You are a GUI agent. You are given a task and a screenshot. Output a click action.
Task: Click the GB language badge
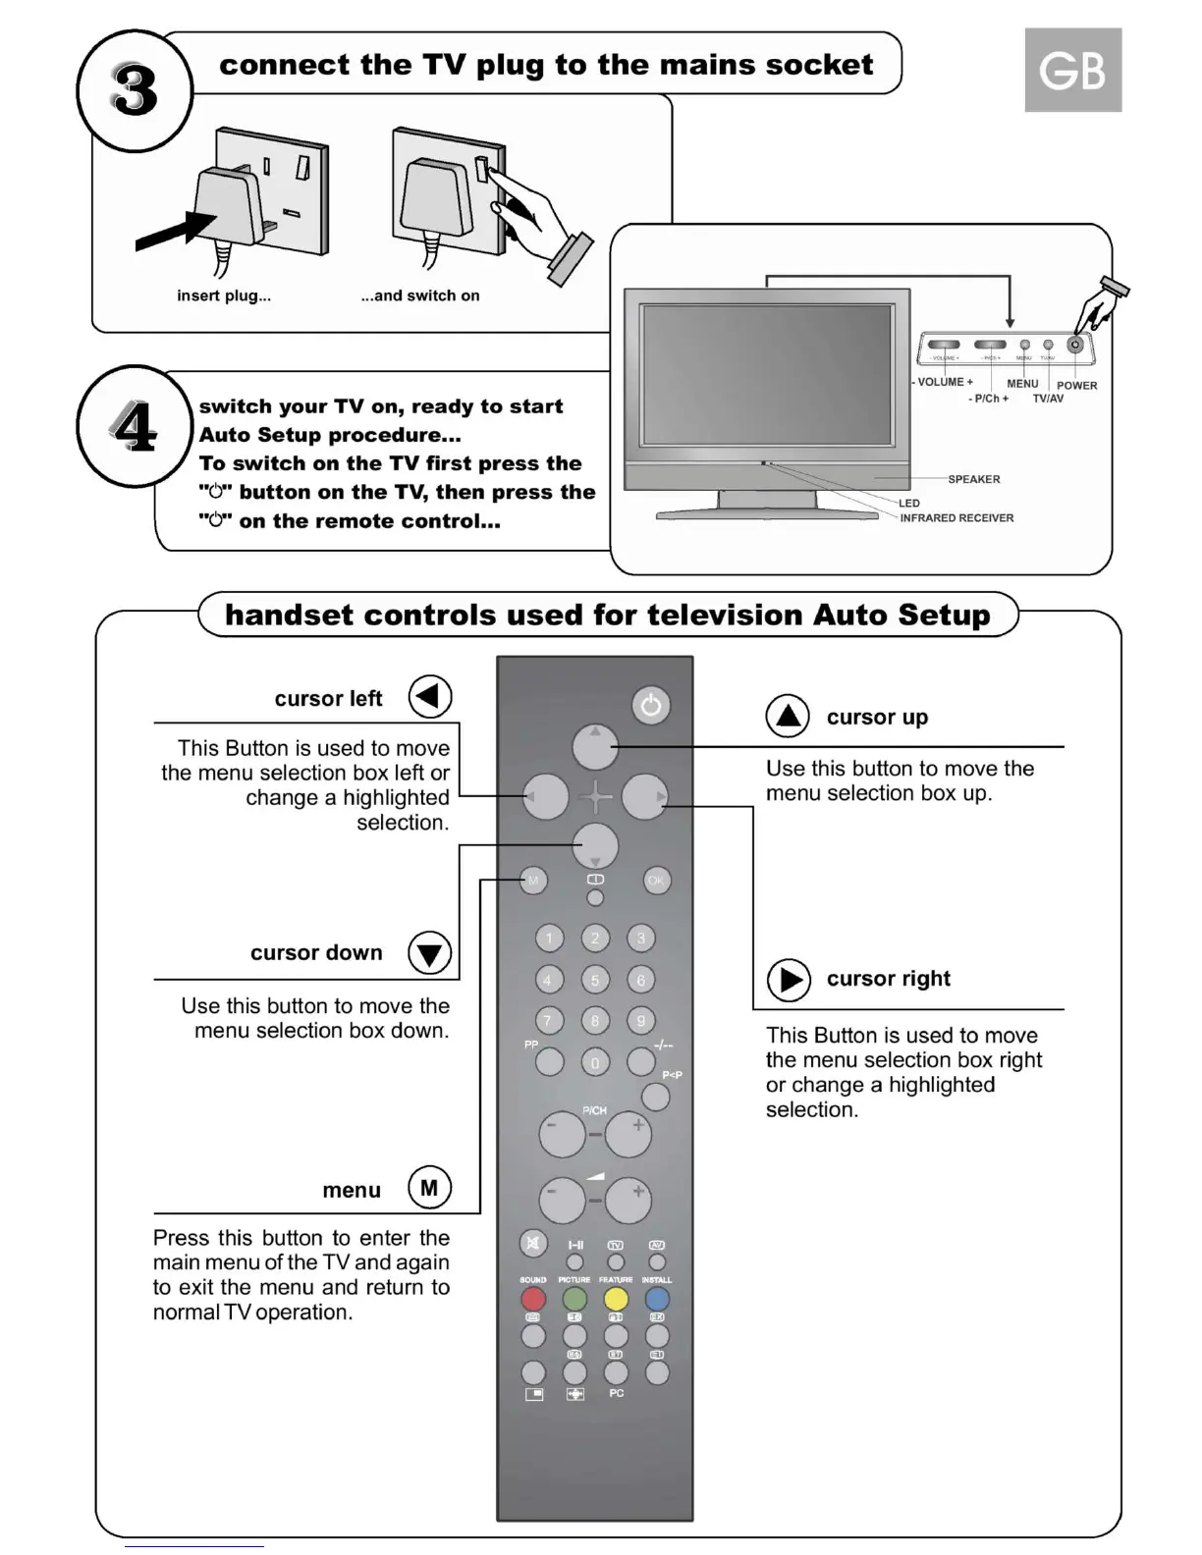[x=1072, y=70]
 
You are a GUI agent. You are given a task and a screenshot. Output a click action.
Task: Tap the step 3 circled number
[x=135, y=90]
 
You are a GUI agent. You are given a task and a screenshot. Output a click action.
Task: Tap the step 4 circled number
[x=135, y=427]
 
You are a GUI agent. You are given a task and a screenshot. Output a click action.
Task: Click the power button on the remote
[x=651, y=705]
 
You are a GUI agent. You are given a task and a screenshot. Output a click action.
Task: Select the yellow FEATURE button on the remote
[x=616, y=1300]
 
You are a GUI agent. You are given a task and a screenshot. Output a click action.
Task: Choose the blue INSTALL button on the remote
[x=657, y=1300]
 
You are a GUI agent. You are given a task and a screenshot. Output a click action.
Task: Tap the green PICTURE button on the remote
[x=574, y=1300]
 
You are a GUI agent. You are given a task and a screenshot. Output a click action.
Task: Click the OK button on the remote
[x=656, y=881]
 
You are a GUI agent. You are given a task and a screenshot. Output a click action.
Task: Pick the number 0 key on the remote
[x=594, y=1062]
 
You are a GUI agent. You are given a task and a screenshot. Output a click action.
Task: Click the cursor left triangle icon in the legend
[x=429, y=696]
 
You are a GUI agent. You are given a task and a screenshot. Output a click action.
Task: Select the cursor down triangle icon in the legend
[x=429, y=952]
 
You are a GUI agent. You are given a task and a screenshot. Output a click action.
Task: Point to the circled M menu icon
[x=429, y=1188]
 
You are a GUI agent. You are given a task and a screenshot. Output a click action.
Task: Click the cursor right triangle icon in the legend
[x=789, y=980]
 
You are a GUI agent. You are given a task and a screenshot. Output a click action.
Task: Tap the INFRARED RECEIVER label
[x=956, y=517]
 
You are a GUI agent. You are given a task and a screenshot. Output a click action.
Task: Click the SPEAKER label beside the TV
[x=973, y=479]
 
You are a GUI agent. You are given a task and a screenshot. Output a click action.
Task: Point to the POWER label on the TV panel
[x=1076, y=386]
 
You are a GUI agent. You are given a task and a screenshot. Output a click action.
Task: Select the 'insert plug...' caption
[x=224, y=295]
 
